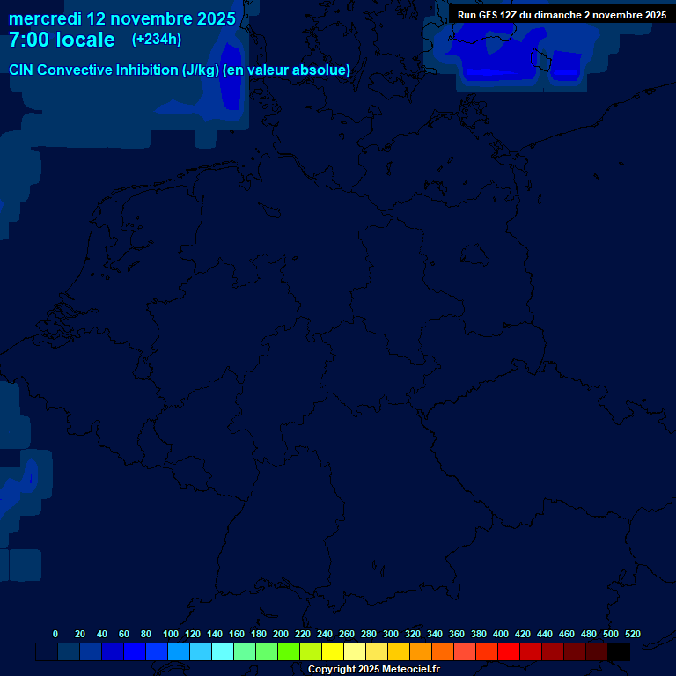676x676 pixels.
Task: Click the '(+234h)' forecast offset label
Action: tap(157, 40)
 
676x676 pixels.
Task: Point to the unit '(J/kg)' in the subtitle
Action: tap(201, 70)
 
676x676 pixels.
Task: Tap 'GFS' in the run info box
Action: tap(489, 15)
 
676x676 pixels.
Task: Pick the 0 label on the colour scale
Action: tap(55, 634)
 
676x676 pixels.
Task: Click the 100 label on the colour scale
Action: tap(171, 634)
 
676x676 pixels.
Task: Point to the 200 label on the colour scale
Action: tap(281, 634)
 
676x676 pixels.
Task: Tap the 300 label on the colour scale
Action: tap(391, 634)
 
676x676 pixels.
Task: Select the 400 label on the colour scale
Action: tap(501, 634)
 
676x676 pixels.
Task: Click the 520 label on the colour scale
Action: tap(633, 634)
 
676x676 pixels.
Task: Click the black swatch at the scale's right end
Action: tap(619, 652)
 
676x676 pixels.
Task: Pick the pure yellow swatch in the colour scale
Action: tap(333, 652)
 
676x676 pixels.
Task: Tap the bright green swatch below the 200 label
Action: tap(289, 652)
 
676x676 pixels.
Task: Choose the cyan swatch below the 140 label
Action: tap(223, 652)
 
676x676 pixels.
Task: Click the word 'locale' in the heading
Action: tap(85, 40)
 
